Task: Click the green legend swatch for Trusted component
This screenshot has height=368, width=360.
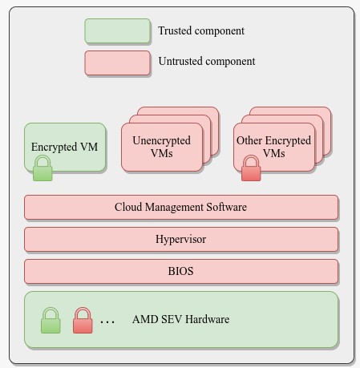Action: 117,30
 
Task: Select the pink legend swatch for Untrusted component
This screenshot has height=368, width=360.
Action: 117,63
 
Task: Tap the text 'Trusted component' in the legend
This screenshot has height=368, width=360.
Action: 201,30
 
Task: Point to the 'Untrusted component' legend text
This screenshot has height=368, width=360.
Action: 207,61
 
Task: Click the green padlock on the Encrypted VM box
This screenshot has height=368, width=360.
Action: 42,168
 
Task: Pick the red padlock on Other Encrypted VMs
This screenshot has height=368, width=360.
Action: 251,168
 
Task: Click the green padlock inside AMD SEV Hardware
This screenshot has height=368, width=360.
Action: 51,321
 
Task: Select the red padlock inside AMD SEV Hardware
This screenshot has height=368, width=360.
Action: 83,321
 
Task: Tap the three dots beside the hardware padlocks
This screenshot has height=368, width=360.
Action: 107,322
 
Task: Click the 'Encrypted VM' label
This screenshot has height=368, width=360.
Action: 64,147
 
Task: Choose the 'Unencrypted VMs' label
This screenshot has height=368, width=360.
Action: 162,147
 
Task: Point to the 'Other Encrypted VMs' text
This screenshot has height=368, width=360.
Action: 273,147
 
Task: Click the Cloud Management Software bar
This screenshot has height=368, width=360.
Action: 181,208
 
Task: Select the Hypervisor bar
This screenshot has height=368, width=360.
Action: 181,240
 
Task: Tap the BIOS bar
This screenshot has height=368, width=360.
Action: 181,272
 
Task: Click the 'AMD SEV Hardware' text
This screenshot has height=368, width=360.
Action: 180,319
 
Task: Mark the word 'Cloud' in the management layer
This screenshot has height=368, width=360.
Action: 128,207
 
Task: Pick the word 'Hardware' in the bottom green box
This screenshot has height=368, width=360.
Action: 208,319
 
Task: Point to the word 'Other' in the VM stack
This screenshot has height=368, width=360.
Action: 249,140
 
